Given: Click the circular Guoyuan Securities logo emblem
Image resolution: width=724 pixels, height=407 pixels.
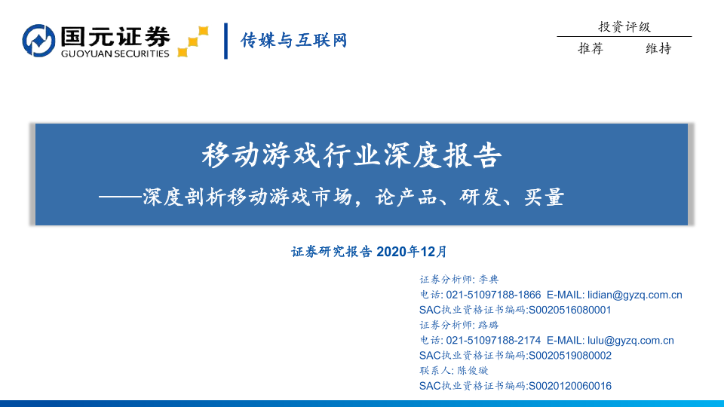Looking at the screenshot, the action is coord(38,41).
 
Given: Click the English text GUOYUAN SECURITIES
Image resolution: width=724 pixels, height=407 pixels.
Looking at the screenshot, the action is coord(115,54).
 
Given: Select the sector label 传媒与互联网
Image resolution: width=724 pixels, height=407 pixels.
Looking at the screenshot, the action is coord(293,40).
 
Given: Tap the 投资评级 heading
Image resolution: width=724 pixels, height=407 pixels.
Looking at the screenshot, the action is coord(624,27).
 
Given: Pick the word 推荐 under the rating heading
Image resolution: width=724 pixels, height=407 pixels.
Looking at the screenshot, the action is coord(591,48).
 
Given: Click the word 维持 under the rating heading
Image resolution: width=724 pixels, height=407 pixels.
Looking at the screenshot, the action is coord(658,48).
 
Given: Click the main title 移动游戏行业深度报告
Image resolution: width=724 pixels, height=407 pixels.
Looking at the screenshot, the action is coord(352,155).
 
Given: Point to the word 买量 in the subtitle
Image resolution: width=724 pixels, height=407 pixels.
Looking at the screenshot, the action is coord(545,197).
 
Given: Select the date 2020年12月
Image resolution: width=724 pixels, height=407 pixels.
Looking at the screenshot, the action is coord(412,252).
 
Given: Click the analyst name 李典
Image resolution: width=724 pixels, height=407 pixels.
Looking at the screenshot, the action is coord(489,279).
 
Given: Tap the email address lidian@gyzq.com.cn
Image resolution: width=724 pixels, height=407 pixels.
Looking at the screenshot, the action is coord(635,295).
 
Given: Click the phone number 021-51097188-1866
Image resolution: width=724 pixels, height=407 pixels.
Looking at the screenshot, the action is coord(493,295).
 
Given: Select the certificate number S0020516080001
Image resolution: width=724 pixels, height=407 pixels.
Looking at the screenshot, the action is coord(570,310).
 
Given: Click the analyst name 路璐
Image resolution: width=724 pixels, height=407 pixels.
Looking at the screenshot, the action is coord(489,325).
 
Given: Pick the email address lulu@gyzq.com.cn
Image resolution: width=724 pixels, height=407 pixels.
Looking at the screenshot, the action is coord(630,340).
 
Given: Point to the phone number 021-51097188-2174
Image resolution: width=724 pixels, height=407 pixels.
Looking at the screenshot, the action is coord(493,340).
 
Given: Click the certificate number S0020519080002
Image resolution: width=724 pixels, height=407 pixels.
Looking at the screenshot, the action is coord(570,355).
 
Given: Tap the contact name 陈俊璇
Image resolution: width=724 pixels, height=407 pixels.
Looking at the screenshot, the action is coord(472,370).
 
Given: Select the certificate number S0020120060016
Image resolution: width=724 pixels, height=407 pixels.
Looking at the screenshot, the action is coord(570,385).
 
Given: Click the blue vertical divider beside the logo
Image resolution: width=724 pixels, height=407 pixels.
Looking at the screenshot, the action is coord(225,41).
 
